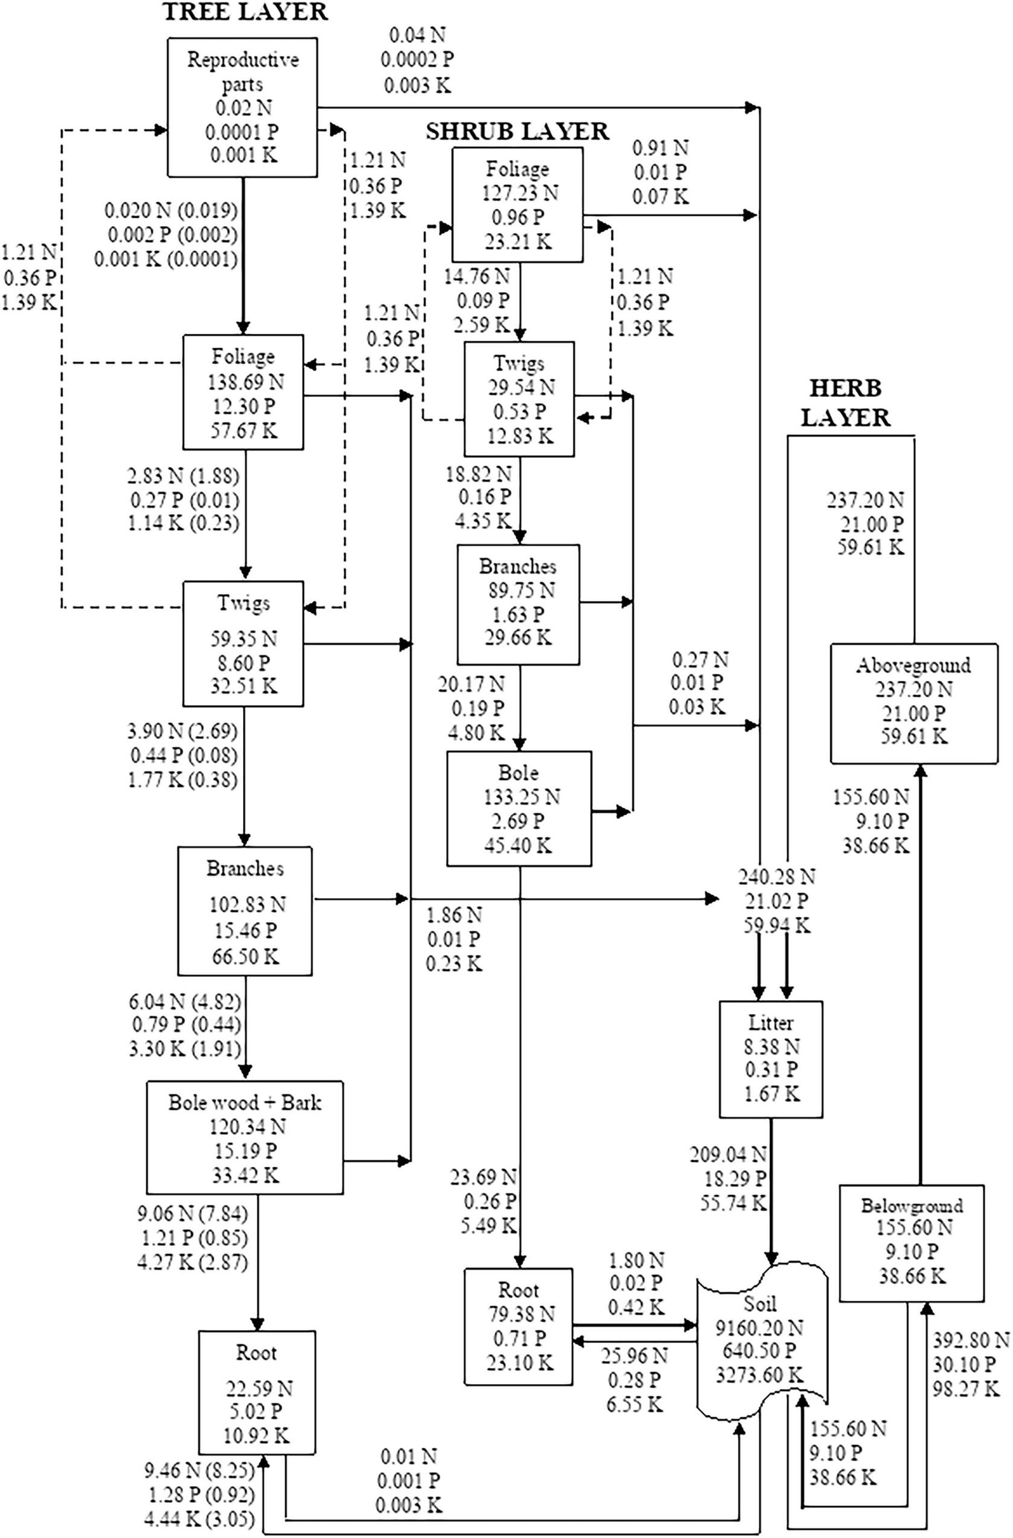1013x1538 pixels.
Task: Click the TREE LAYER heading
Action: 245,12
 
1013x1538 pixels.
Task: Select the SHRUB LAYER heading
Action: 516,131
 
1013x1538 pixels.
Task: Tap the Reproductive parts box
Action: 242,106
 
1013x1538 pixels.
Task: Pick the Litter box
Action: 771,1059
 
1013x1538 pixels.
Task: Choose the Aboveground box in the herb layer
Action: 913,703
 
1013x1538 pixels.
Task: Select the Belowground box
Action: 911,1243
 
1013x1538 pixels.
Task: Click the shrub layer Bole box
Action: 519,808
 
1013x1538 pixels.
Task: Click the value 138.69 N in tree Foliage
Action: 246,382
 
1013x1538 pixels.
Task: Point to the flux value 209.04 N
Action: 728,1154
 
